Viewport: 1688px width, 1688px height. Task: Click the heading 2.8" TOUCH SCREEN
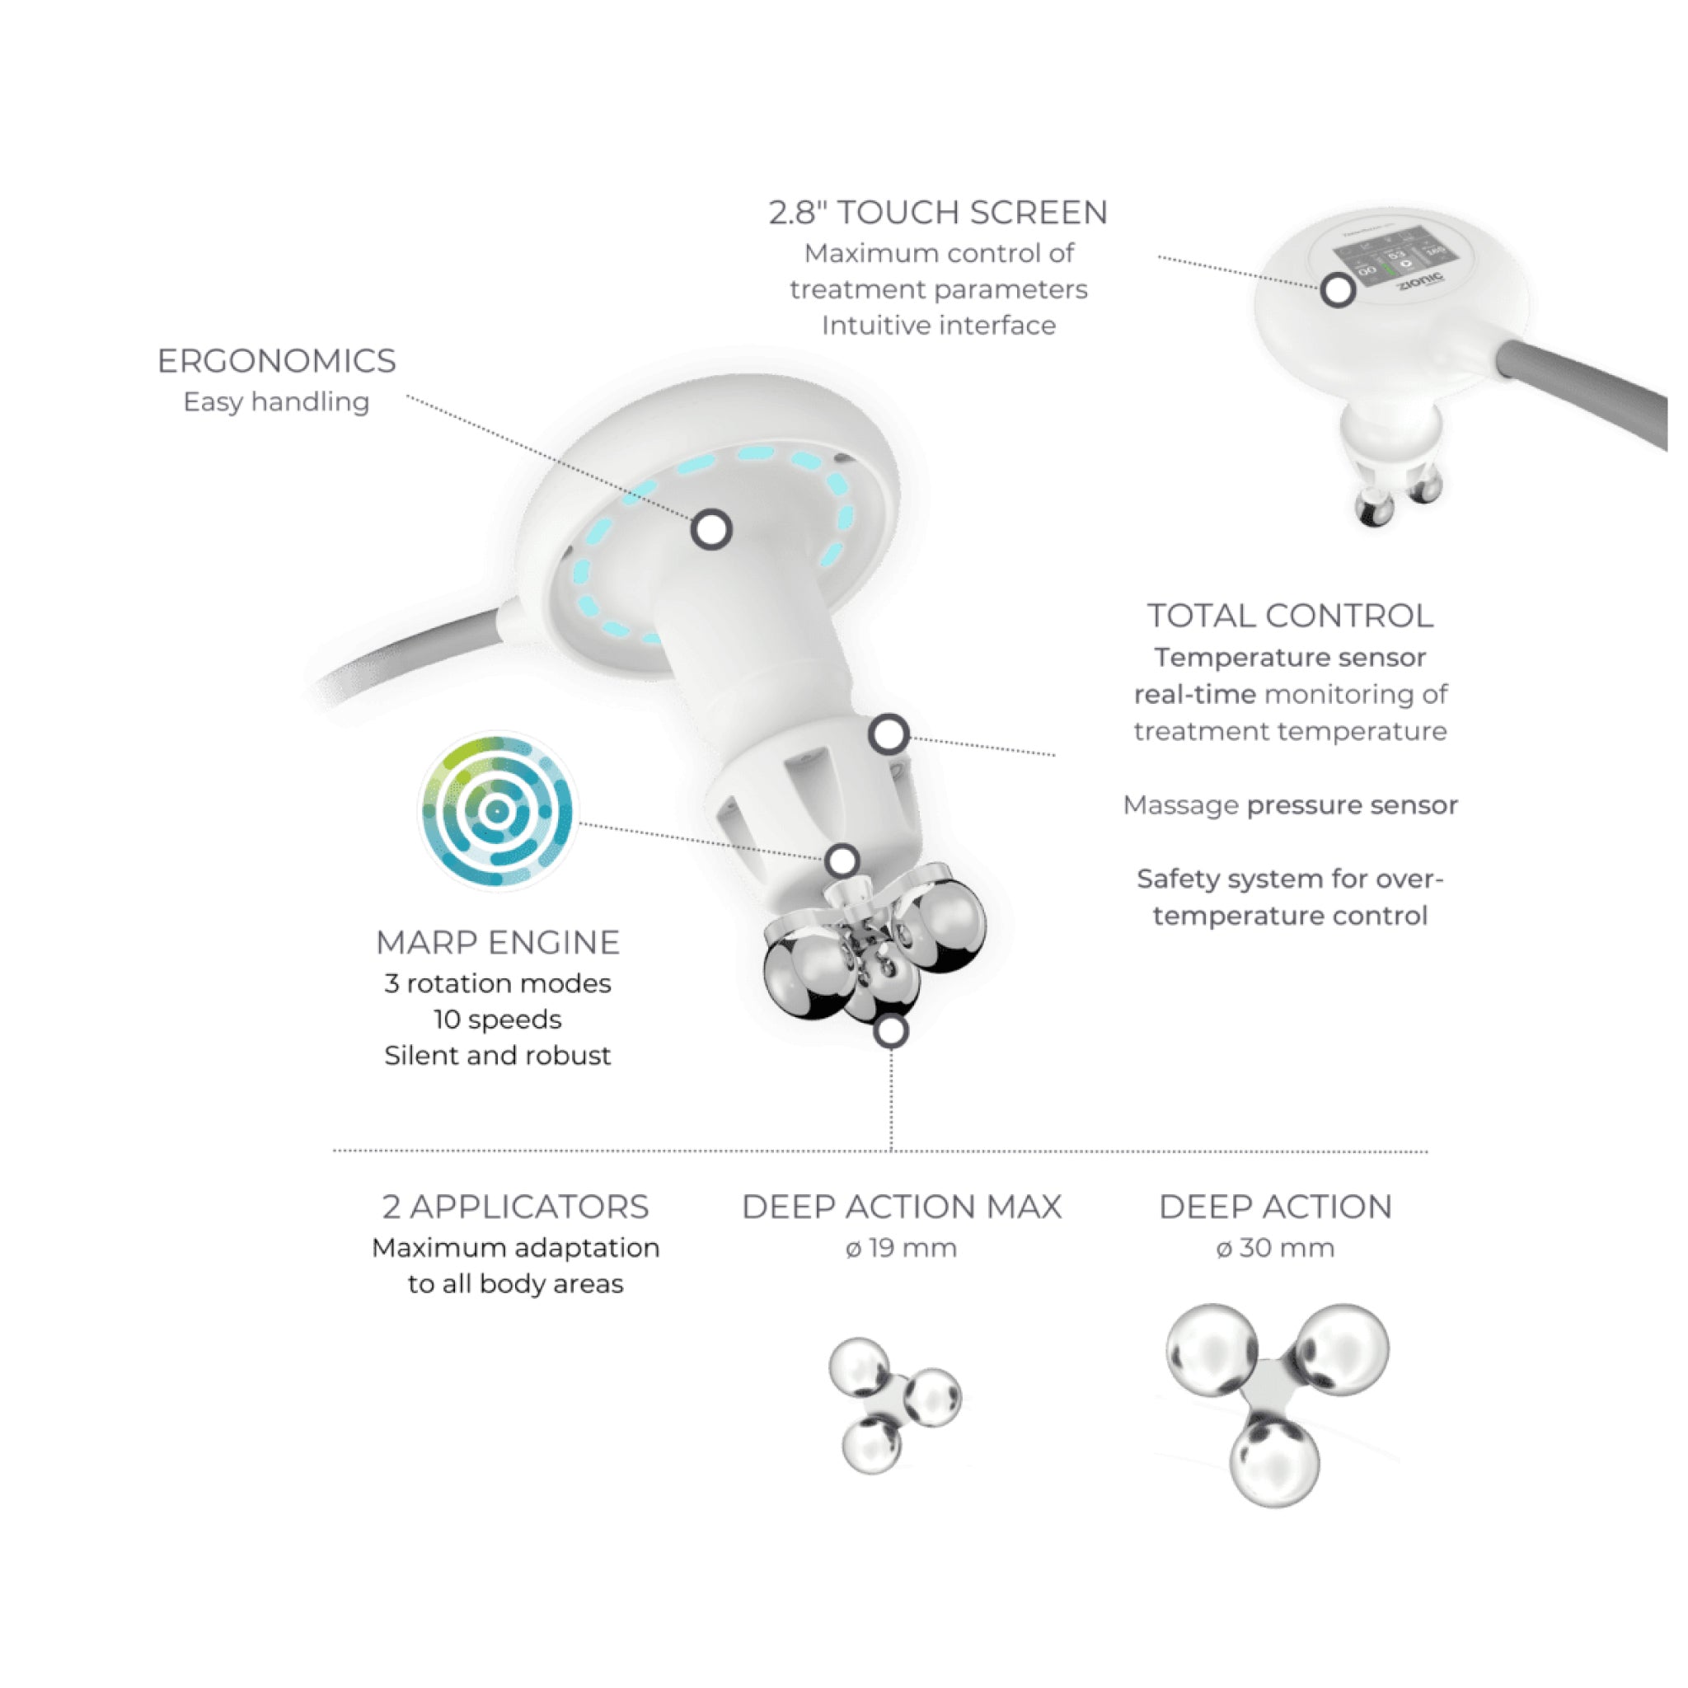click(938, 213)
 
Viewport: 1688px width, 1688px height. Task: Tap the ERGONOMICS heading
click(276, 361)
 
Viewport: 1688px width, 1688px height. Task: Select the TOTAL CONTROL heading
click(1291, 616)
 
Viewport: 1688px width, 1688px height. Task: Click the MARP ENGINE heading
click(498, 943)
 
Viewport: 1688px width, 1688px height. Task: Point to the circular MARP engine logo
click(497, 812)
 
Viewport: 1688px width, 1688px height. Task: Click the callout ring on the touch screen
click(1338, 290)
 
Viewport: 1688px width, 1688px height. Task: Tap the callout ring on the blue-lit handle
click(711, 529)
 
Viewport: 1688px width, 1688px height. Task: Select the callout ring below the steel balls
click(891, 1032)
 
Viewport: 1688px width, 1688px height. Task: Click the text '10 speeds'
click(498, 1020)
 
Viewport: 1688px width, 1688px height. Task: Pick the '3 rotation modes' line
click(498, 984)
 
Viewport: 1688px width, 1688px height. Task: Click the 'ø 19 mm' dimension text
click(902, 1248)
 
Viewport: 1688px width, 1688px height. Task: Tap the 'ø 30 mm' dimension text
click(1276, 1248)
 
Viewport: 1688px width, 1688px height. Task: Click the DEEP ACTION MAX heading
click(902, 1207)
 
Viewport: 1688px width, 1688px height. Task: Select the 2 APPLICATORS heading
click(515, 1207)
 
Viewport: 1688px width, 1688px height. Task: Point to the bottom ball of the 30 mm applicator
click(1275, 1461)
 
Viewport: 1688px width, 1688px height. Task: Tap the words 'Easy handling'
click(276, 402)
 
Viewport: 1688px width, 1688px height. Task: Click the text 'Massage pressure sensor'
click(1291, 805)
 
